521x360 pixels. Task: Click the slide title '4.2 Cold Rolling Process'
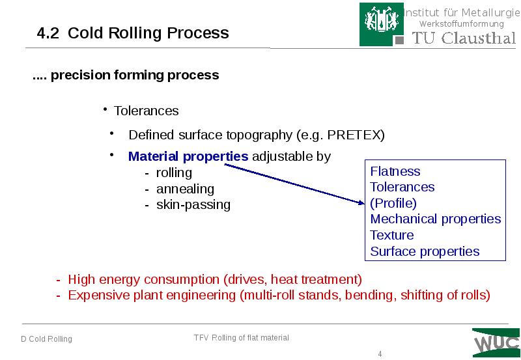tap(133, 33)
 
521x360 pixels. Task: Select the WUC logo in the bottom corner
tap(496, 342)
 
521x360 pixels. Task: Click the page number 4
tap(380, 353)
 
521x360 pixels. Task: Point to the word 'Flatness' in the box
tap(395, 171)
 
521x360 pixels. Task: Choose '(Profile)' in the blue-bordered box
tap(393, 203)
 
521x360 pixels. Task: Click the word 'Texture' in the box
tap(391, 235)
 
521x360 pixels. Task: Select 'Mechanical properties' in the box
tap(435, 219)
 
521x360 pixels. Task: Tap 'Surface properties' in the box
tap(425, 251)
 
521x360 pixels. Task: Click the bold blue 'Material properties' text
tap(188, 156)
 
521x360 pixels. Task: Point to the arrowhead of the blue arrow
tap(364, 204)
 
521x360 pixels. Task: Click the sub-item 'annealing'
tap(184, 189)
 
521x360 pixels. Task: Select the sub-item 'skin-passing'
tap(193, 204)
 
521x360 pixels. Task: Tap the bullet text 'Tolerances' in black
tap(146, 111)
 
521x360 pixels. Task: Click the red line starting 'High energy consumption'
tap(214, 280)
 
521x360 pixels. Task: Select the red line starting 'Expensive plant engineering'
tap(278, 295)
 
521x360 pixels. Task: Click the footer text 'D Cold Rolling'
tap(46, 339)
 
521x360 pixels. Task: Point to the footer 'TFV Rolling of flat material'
tap(241, 337)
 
